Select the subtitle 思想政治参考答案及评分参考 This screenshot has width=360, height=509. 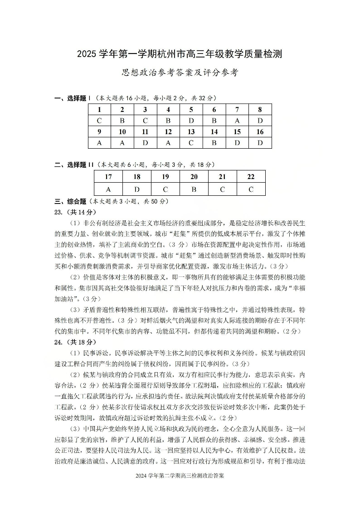pos(180,73)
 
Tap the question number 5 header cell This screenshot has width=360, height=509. pos(191,109)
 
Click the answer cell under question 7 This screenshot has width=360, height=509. pos(237,121)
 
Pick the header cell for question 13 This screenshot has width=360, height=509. pos(191,132)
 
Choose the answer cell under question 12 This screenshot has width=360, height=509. pos(168,143)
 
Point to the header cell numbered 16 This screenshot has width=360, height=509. pos(260,132)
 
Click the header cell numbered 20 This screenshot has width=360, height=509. pos(194,177)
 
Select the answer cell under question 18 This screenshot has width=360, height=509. pos(137,189)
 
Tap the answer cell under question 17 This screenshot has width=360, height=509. pos(108,189)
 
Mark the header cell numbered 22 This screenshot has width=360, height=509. pos(251,177)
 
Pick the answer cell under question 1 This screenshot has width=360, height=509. pos(99,121)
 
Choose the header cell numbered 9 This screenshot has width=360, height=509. pos(99,132)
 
